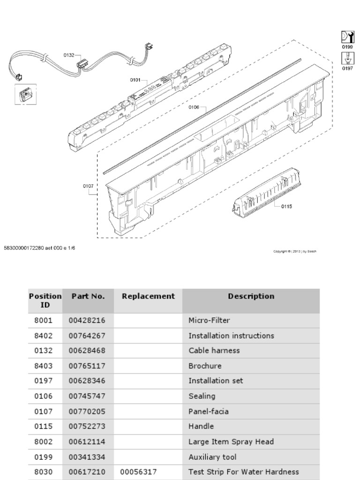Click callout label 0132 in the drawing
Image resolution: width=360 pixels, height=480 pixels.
(x=68, y=55)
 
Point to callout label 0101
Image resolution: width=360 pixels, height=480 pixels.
(x=135, y=80)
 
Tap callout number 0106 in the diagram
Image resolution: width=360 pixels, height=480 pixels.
(x=194, y=107)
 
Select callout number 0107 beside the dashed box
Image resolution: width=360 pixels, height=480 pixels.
(x=89, y=186)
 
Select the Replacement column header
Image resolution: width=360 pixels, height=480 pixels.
(x=148, y=296)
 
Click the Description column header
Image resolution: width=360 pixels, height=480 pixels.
(x=251, y=296)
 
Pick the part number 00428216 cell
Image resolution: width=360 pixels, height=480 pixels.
(x=87, y=321)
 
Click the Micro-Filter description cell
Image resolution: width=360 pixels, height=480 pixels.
(x=209, y=321)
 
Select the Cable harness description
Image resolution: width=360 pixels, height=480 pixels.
(x=214, y=351)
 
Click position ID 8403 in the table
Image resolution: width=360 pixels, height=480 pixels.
(x=43, y=366)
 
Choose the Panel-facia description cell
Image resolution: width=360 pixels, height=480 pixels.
(x=208, y=411)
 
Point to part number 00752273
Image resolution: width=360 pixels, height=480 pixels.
(x=87, y=426)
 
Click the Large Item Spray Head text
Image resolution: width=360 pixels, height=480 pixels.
(x=231, y=442)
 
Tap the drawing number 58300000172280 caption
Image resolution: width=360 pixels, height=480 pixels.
(x=39, y=248)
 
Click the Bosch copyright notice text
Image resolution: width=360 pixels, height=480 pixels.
(x=295, y=251)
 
